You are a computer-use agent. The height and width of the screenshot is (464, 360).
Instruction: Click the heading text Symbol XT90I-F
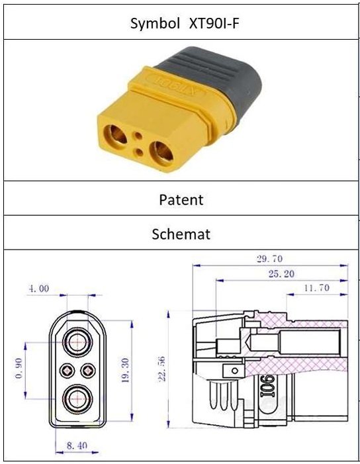184,23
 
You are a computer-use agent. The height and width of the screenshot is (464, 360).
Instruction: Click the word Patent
181,200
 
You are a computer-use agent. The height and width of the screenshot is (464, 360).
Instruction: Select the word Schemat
181,234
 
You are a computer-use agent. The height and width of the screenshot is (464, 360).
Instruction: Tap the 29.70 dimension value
269,259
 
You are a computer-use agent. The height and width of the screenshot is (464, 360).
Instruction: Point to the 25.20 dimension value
281,274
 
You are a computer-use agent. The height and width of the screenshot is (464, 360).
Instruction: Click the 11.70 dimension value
316,288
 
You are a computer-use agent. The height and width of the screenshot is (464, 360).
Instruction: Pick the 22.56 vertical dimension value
161,369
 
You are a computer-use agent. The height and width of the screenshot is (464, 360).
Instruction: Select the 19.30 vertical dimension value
126,370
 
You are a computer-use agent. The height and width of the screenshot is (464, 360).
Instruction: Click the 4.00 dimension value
39,288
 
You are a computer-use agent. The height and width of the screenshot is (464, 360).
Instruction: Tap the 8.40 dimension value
77,445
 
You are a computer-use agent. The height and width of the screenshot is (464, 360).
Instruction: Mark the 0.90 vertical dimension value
19,368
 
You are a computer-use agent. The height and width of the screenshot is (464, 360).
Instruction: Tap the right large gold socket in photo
162,154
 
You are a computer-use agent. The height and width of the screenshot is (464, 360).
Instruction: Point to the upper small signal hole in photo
138,136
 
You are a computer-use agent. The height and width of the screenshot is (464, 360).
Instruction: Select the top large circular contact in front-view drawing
78,342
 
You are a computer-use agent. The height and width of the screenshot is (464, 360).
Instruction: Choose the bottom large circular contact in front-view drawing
78,398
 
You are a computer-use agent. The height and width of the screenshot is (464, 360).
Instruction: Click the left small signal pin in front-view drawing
67,371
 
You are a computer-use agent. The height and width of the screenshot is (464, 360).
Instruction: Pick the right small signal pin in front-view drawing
89,371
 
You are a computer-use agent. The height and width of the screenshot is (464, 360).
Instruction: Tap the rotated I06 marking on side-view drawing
268,386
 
